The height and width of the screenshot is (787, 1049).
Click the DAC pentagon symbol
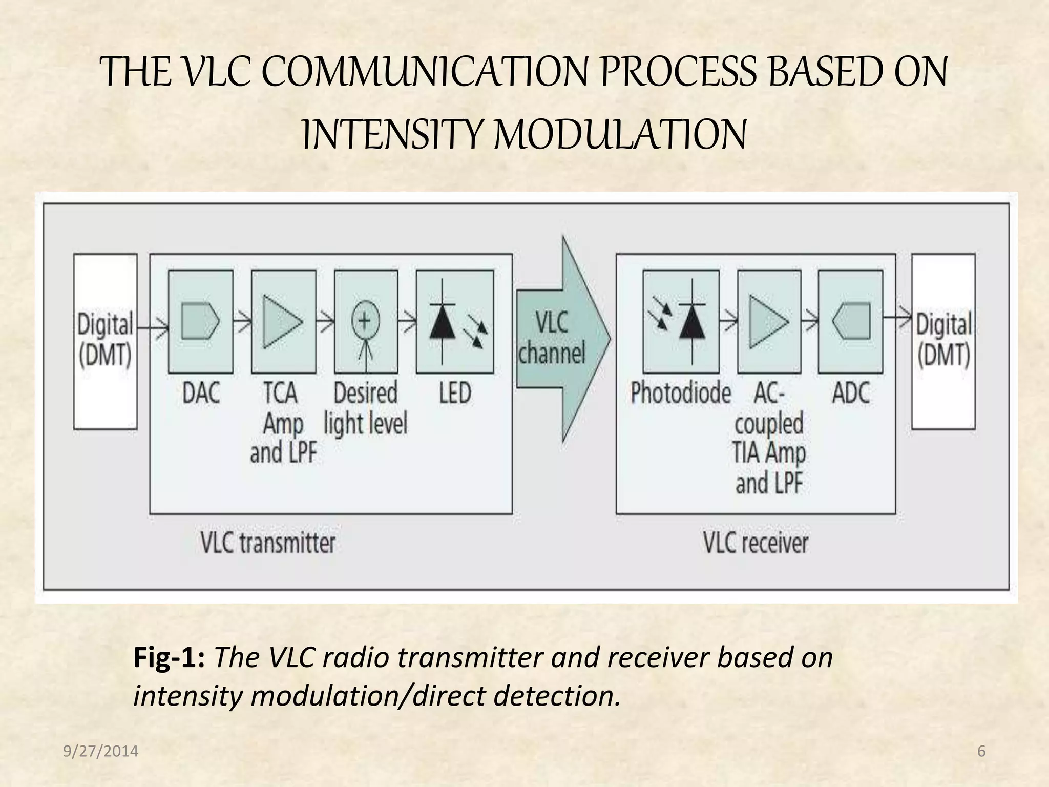[200, 321]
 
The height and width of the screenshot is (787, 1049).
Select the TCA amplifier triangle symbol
[282, 321]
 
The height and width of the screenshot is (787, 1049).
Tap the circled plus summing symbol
[365, 321]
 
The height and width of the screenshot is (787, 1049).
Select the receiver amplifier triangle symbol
[768, 321]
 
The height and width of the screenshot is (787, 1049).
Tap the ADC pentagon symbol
[851, 321]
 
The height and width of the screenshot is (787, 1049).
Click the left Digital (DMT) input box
[105, 341]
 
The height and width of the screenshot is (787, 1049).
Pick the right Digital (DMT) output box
[943, 341]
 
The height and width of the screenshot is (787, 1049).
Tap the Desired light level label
[365, 408]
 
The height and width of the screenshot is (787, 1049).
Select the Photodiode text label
[680, 393]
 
